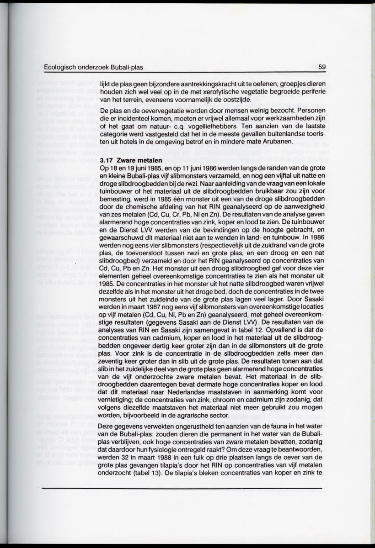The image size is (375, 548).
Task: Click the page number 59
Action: click(321, 67)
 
